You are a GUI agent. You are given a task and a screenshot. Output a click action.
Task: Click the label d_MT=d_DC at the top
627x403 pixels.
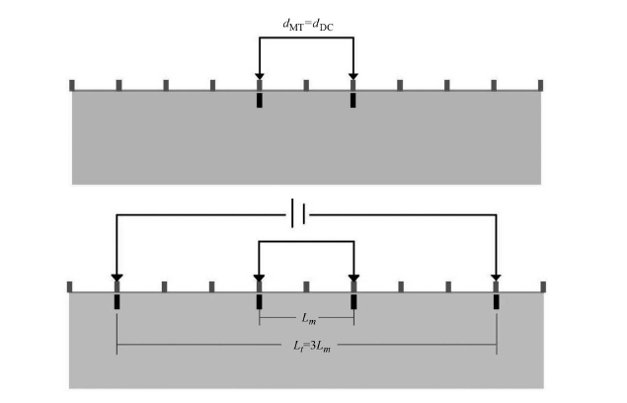pos(308,26)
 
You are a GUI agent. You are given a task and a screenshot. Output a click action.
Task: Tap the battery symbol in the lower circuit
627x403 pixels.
pos(298,213)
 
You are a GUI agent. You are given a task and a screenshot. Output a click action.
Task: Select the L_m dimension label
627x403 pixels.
pos(309,319)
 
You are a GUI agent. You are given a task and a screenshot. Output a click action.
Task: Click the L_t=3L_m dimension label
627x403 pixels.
pos(312,346)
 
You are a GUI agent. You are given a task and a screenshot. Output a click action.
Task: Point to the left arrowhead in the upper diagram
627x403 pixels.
pos(260,76)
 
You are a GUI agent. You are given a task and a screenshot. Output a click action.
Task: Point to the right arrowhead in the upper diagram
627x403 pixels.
pos(353,76)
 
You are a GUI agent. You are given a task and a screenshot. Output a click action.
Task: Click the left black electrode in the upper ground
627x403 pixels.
pos(260,100)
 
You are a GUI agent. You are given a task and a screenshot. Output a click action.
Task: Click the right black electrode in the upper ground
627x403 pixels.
pos(353,100)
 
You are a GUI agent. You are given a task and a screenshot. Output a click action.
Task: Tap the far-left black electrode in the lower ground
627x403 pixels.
pos(117,301)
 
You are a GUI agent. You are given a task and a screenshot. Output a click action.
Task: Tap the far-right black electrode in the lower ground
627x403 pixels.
pos(497,301)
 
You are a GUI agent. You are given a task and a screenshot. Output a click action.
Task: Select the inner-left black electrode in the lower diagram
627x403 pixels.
pos(259,301)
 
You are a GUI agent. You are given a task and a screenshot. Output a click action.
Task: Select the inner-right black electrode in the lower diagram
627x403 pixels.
pos(353,301)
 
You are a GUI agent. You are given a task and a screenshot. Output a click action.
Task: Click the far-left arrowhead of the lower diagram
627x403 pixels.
pos(117,278)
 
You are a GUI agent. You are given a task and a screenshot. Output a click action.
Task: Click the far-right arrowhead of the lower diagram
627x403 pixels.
pos(496,278)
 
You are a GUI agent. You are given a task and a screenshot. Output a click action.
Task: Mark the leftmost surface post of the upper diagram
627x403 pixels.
pos(72,85)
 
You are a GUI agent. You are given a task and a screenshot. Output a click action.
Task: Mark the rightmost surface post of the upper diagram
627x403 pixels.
pos(541,85)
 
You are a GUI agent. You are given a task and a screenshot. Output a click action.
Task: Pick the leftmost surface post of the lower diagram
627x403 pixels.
pos(69,287)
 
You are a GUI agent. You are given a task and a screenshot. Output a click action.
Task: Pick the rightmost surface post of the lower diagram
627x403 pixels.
pos(543,287)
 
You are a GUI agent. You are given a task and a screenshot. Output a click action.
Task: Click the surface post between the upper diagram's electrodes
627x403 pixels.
pos(306,85)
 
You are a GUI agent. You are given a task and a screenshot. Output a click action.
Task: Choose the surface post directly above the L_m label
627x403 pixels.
pos(306,287)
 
